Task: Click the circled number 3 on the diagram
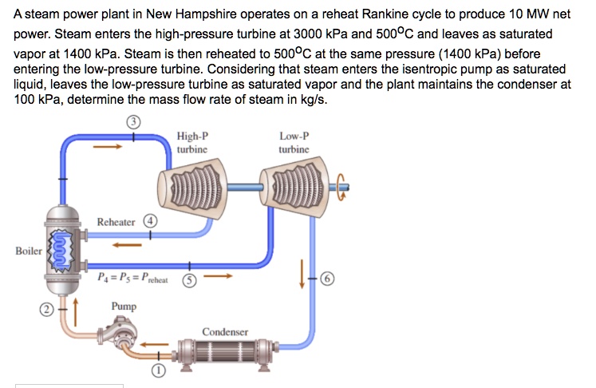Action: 135,121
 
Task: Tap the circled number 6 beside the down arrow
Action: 328,279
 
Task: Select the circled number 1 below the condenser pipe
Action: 158,371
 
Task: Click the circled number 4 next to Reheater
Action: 149,221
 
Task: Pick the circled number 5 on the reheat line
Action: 189,280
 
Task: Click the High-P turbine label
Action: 192,142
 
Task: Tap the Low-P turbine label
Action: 294,142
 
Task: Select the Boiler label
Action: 29,251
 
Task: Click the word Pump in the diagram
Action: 124,306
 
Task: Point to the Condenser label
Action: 225,331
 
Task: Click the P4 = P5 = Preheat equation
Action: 132,279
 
